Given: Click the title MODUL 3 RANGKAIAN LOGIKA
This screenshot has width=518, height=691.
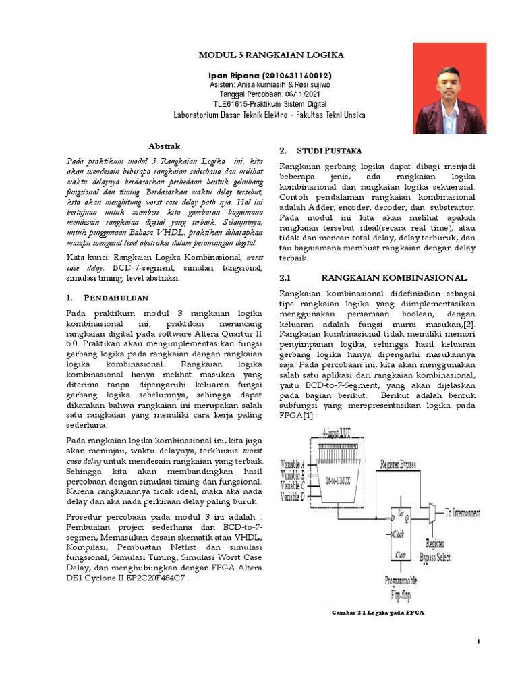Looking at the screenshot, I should [x=269, y=55].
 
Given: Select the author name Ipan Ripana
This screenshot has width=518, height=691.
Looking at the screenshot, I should [x=234, y=75].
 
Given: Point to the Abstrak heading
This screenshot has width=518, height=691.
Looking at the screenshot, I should [x=164, y=146].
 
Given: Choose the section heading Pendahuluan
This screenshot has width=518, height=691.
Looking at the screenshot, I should [x=120, y=297].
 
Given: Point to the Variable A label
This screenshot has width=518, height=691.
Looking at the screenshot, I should [x=292, y=464].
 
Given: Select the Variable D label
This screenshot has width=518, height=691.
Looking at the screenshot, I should [x=292, y=497].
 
